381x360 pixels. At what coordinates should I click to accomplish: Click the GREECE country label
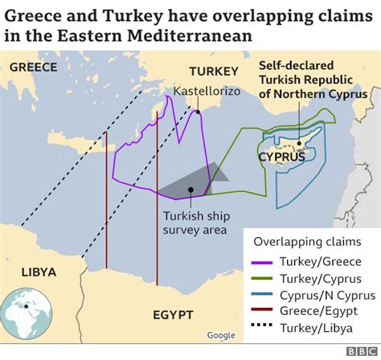(33, 67)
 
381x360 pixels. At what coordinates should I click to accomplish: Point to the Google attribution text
(220, 335)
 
